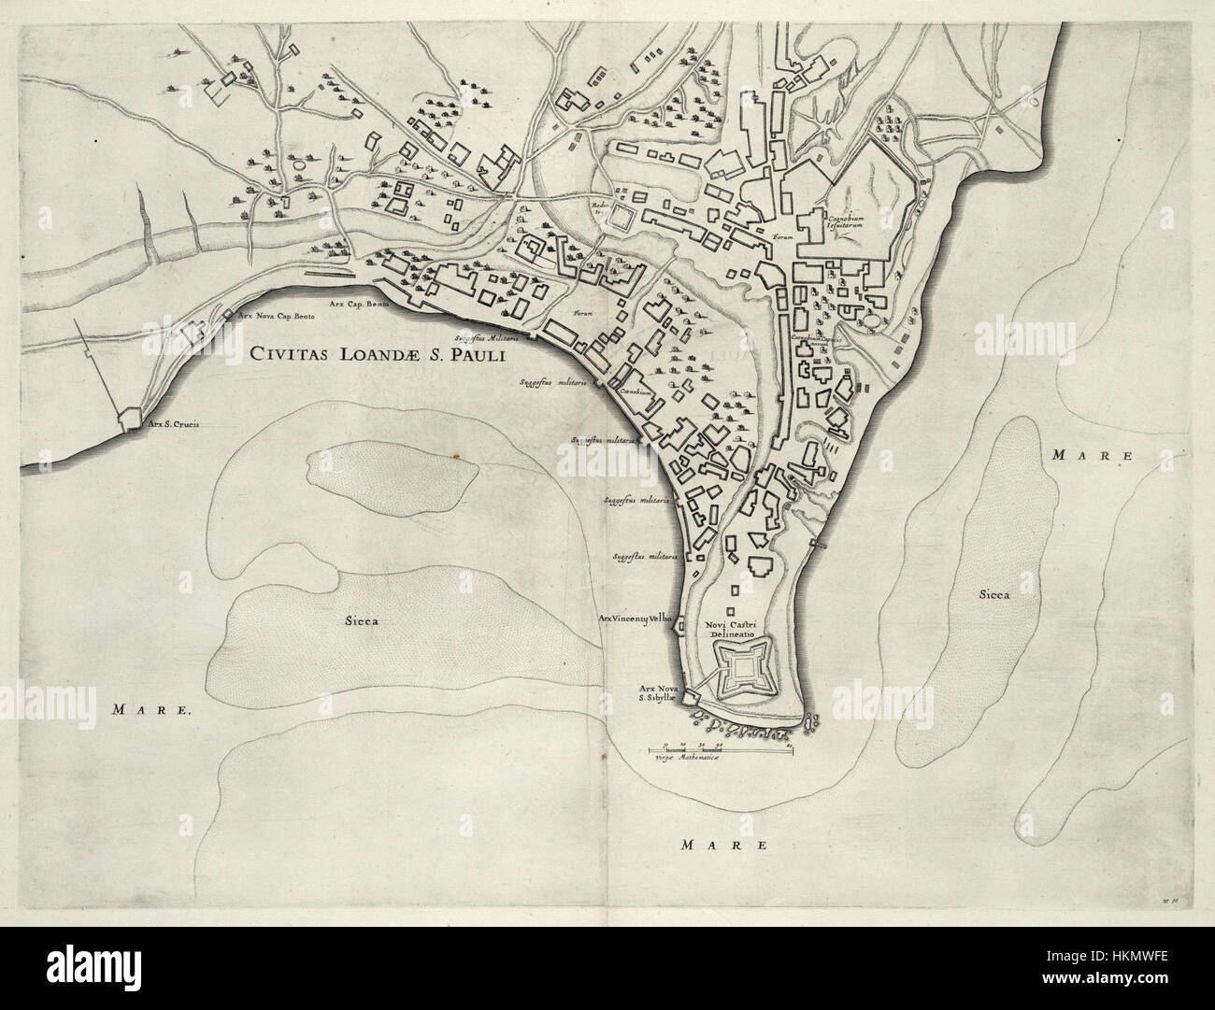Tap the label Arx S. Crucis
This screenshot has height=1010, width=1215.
(x=173, y=422)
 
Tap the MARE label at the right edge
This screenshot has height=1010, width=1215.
(x=1091, y=456)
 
